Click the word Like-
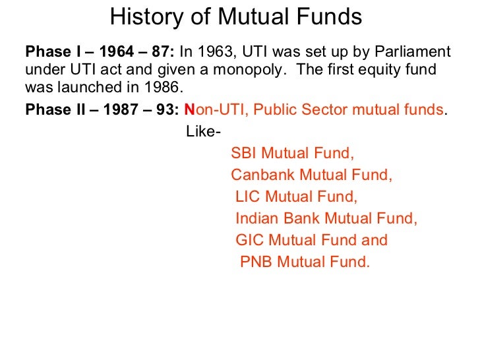click(x=204, y=132)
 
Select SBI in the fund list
click(x=245, y=154)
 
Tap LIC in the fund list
click(x=249, y=197)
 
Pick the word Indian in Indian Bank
click(x=256, y=219)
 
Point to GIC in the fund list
click(x=250, y=240)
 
